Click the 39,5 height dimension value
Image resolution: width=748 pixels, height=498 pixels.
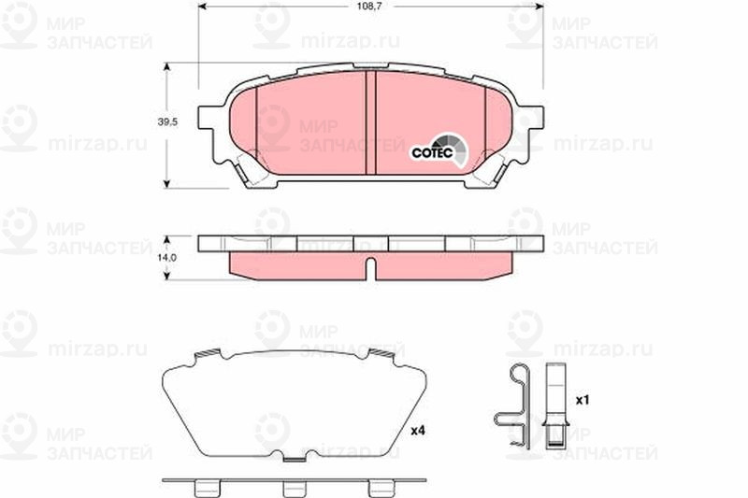pyautogui.click(x=167, y=122)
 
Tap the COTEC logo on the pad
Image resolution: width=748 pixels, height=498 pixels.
pyautogui.click(x=439, y=150)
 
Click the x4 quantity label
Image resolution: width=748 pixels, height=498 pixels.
pyautogui.click(x=418, y=431)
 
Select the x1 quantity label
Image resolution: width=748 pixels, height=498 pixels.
pyautogui.click(x=583, y=400)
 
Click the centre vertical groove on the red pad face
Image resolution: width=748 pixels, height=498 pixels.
pyautogui.click(x=370, y=122)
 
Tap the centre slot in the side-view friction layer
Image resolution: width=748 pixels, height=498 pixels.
pyautogui.click(x=370, y=269)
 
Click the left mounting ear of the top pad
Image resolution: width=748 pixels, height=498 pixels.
pyautogui.click(x=208, y=118)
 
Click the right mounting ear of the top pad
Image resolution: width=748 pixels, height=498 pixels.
pyautogui.click(x=533, y=118)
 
